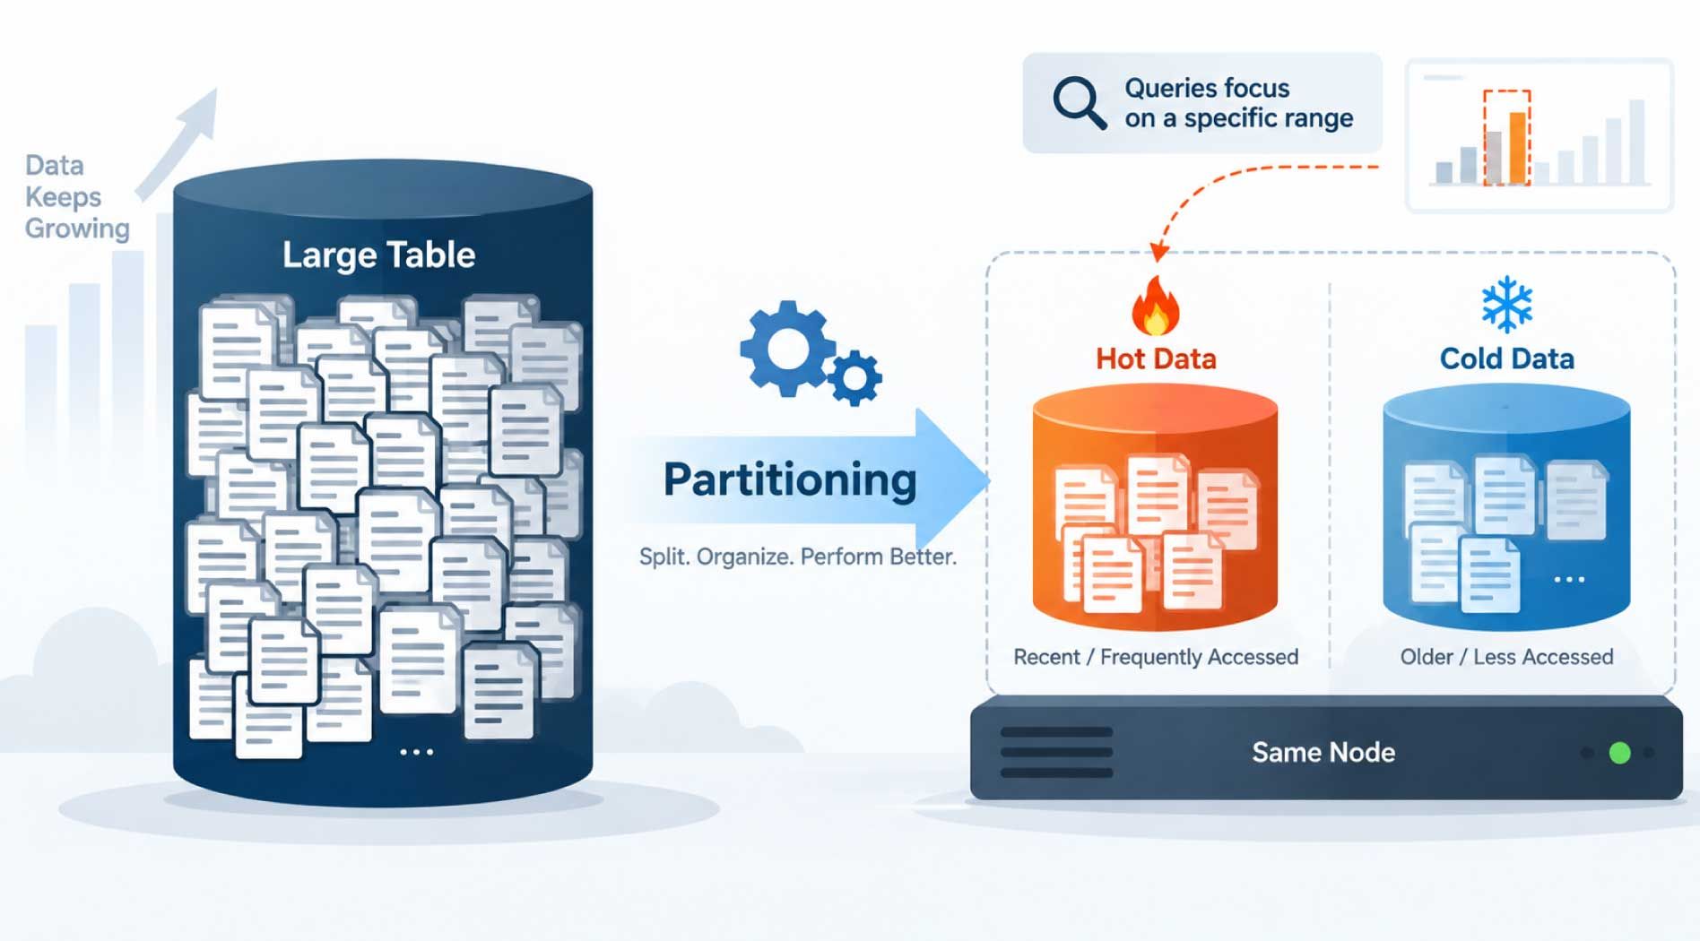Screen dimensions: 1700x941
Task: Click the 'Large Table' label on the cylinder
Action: point(378,255)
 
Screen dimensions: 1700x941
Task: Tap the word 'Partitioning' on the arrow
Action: point(790,480)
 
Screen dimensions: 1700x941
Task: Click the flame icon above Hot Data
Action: point(1156,305)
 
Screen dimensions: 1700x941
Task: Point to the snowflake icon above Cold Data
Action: point(1506,304)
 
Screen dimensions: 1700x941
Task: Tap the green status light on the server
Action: point(1619,753)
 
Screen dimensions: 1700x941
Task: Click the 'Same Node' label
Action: point(1323,752)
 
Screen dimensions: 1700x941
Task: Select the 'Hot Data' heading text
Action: point(1156,358)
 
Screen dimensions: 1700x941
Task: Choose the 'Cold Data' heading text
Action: point(1506,358)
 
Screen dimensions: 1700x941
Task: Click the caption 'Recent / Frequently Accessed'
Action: point(1156,657)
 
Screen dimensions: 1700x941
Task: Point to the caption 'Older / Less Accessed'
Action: point(1506,657)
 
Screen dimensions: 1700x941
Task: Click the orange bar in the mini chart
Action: point(1517,148)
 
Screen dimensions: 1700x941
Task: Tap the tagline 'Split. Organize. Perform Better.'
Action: point(797,557)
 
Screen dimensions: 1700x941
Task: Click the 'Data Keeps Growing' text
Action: point(77,197)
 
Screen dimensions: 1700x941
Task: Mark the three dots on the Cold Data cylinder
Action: point(1569,580)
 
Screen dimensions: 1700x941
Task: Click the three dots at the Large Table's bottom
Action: point(417,752)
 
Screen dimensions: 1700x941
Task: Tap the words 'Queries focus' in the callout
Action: point(1207,88)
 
